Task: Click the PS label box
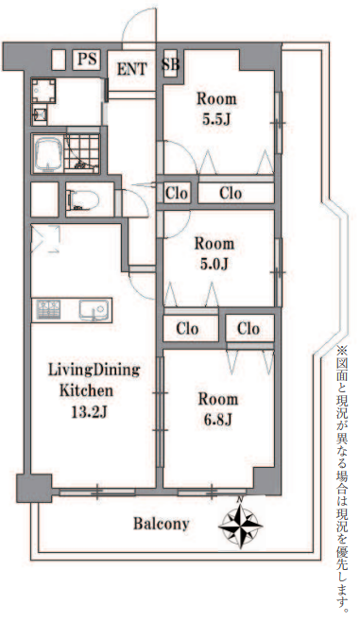click(87, 60)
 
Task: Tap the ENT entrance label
click(131, 69)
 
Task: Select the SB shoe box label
click(171, 64)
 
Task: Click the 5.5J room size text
click(216, 119)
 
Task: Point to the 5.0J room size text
click(214, 264)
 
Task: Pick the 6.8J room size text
click(217, 420)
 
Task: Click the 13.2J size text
click(89, 412)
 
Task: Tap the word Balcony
click(161, 524)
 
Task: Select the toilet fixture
click(83, 199)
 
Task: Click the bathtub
click(47, 153)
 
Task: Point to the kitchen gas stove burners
click(48, 309)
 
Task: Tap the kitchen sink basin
click(94, 309)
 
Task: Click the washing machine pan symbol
click(43, 91)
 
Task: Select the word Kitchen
click(86, 390)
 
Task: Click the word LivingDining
click(94, 371)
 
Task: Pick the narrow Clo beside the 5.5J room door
click(177, 193)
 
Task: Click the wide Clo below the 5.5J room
click(231, 193)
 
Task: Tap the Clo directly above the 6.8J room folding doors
click(249, 328)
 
